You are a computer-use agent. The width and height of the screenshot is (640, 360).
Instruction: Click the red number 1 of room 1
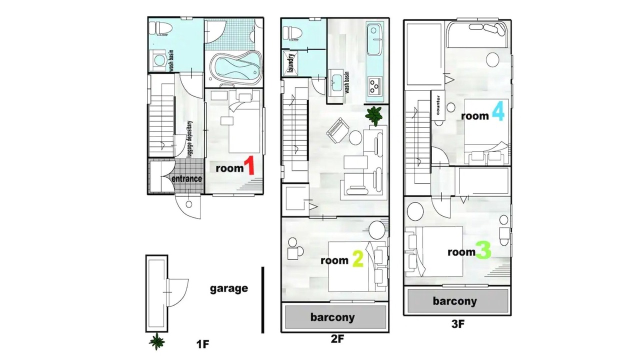pyautogui.click(x=249, y=165)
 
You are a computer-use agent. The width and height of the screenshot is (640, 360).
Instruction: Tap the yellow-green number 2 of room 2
pyautogui.click(x=358, y=258)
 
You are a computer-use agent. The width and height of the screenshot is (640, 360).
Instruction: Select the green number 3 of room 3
pyautogui.click(x=483, y=250)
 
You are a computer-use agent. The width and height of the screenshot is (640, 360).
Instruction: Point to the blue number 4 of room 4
pyautogui.click(x=498, y=111)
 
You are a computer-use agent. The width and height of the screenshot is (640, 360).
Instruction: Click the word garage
pyautogui.click(x=229, y=289)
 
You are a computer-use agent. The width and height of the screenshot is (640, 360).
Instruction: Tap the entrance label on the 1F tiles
pyautogui.click(x=186, y=178)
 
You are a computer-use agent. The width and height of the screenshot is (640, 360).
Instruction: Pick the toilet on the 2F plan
pyautogui.click(x=292, y=32)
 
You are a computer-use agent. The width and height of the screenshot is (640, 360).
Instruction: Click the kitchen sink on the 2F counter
pyautogui.click(x=374, y=39)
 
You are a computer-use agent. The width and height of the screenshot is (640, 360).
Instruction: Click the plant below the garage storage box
pyautogui.click(x=157, y=341)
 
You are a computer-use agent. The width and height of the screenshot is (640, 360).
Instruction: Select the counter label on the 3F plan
pyautogui.click(x=438, y=105)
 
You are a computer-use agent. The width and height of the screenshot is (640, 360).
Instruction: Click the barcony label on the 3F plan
pyautogui.click(x=454, y=301)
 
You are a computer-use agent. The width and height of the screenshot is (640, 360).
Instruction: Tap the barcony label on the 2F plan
pyautogui.click(x=332, y=317)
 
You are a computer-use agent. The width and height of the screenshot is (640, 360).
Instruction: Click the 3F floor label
pyautogui.click(x=458, y=324)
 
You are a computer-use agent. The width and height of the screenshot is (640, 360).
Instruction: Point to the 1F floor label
pyautogui.click(x=203, y=344)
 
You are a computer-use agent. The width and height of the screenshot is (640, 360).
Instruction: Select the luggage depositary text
pyautogui.click(x=189, y=139)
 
